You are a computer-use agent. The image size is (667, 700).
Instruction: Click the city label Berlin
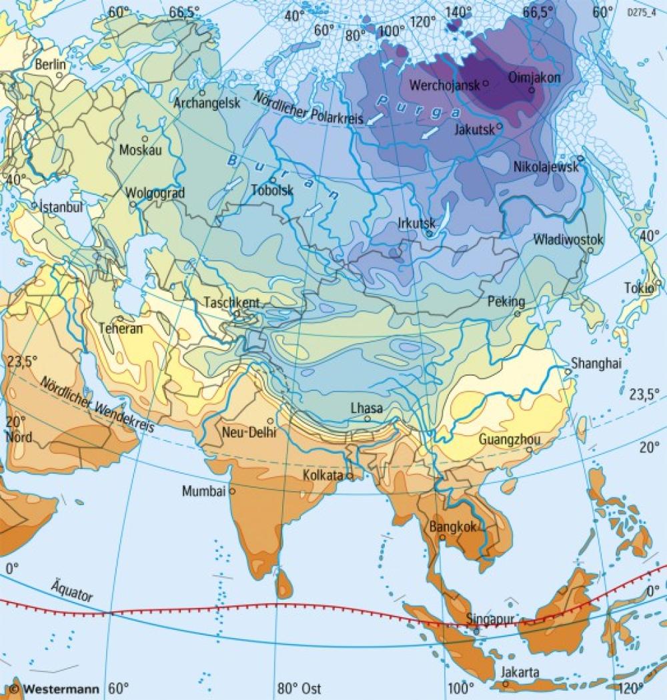(51, 65)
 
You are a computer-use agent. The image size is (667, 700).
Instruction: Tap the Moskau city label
(140, 150)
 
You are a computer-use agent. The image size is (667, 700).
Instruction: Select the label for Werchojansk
(445, 85)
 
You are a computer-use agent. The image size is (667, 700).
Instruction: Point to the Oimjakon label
(534, 77)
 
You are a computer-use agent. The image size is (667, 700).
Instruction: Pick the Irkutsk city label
(416, 223)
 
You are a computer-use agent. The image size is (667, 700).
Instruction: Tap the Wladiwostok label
(568, 240)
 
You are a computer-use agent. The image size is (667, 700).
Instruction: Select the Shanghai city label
(596, 363)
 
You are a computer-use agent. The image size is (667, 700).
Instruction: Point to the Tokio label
(638, 288)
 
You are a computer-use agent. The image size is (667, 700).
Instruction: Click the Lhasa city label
(367, 408)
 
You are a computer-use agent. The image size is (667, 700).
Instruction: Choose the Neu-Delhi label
(243, 432)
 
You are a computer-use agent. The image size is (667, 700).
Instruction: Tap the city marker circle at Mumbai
(233, 491)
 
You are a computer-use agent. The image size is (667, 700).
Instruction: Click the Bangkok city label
(453, 527)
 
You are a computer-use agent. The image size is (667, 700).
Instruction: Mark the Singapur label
(490, 619)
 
